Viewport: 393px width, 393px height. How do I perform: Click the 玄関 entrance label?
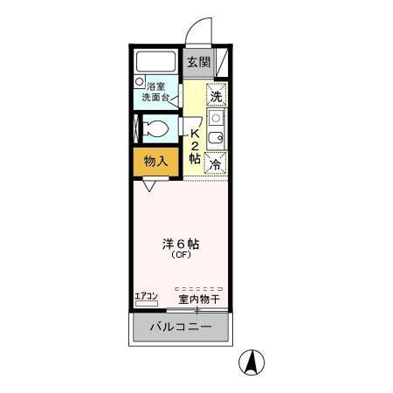(198, 62)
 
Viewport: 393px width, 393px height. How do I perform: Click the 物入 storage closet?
(156, 161)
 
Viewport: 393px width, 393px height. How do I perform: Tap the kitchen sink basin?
(216, 136)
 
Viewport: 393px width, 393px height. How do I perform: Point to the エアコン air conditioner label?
(146, 297)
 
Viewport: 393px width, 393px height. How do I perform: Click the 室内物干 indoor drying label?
(198, 300)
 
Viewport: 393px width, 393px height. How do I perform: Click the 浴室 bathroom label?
(156, 86)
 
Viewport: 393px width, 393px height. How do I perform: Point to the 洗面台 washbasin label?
(158, 98)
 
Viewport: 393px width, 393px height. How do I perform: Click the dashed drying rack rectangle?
(198, 288)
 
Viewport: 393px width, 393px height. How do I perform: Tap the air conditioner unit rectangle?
(146, 306)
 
